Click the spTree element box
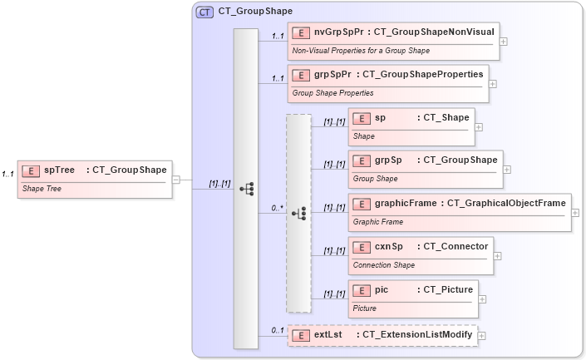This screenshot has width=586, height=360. (96, 179)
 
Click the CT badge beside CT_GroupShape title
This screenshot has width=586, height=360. (204, 12)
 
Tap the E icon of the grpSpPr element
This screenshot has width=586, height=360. (303, 75)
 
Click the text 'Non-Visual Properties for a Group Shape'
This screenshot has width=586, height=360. (361, 51)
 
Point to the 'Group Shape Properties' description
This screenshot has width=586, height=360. (332, 93)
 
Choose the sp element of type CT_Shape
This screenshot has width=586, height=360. (411, 126)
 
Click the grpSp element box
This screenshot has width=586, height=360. (425, 168)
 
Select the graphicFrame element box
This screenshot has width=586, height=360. (459, 211)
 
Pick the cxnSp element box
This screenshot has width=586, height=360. (421, 254)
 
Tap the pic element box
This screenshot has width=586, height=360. (412, 298)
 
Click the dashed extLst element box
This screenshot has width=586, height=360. (382, 335)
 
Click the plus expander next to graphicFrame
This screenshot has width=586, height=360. (576, 212)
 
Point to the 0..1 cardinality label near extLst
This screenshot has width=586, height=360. (278, 330)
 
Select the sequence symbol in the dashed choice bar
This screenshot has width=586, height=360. (298, 214)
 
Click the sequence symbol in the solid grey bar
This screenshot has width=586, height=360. (246, 189)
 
